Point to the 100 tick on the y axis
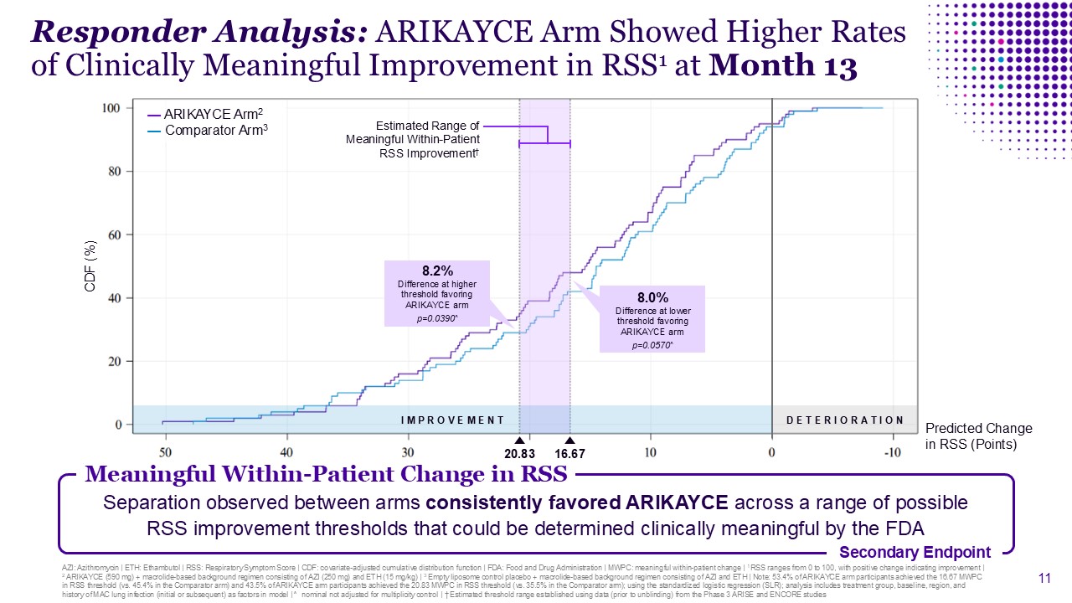(111, 108)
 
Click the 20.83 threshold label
(519, 453)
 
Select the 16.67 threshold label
(569, 453)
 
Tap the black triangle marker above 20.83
(519, 441)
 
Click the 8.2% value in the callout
(436, 271)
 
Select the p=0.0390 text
(436, 319)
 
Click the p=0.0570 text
(652, 344)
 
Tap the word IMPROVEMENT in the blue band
(453, 420)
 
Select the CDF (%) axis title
(91, 266)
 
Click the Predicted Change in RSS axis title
(978, 436)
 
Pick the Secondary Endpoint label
(915, 552)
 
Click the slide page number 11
(1044, 578)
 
